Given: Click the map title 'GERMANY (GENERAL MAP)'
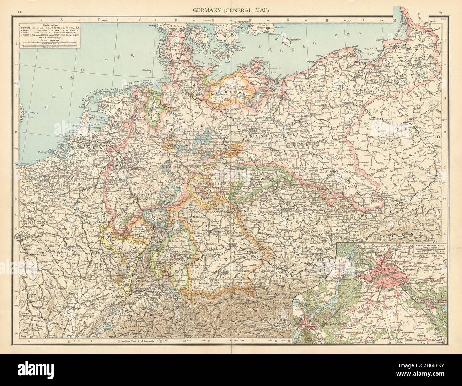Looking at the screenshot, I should tap(230, 11).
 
